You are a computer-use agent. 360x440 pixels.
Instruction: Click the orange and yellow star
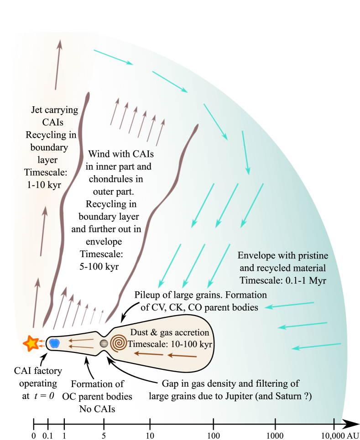(31, 343)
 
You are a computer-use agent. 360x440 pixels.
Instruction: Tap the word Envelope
(257, 255)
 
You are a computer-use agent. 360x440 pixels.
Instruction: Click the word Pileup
(149, 295)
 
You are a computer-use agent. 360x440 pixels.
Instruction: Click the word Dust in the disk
(139, 332)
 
